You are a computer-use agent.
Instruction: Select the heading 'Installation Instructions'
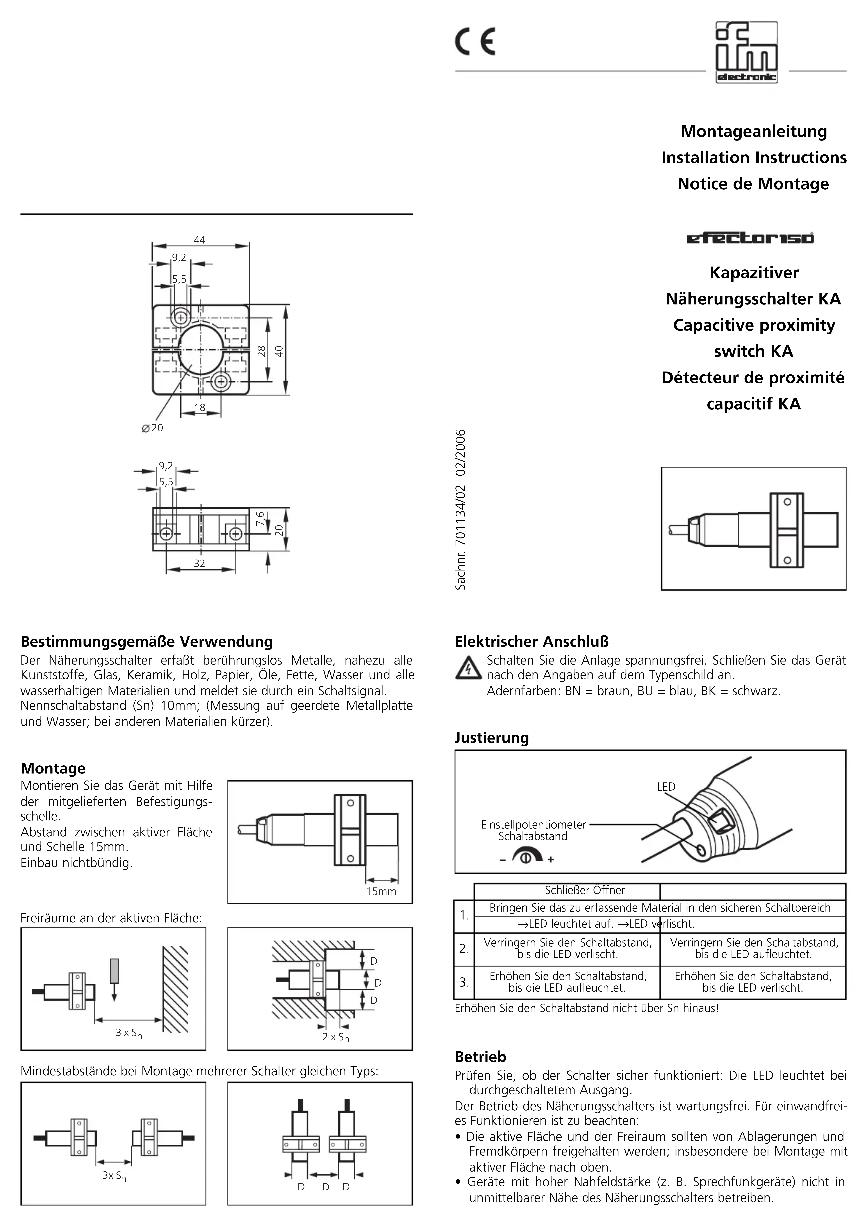click(754, 158)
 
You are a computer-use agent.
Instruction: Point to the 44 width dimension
click(199, 240)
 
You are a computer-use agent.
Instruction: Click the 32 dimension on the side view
click(199, 563)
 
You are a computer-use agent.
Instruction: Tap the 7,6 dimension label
click(260, 518)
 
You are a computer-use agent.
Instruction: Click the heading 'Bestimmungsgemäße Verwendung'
click(146, 641)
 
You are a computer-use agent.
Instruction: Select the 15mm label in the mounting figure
click(381, 891)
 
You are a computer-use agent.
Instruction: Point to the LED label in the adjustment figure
click(666, 787)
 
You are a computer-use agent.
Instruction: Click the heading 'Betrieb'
click(480, 1056)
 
